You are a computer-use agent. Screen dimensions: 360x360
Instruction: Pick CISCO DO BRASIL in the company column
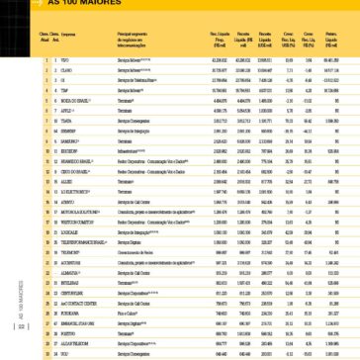click(73, 173)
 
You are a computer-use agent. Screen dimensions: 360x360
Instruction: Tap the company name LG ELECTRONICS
click(73, 190)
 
